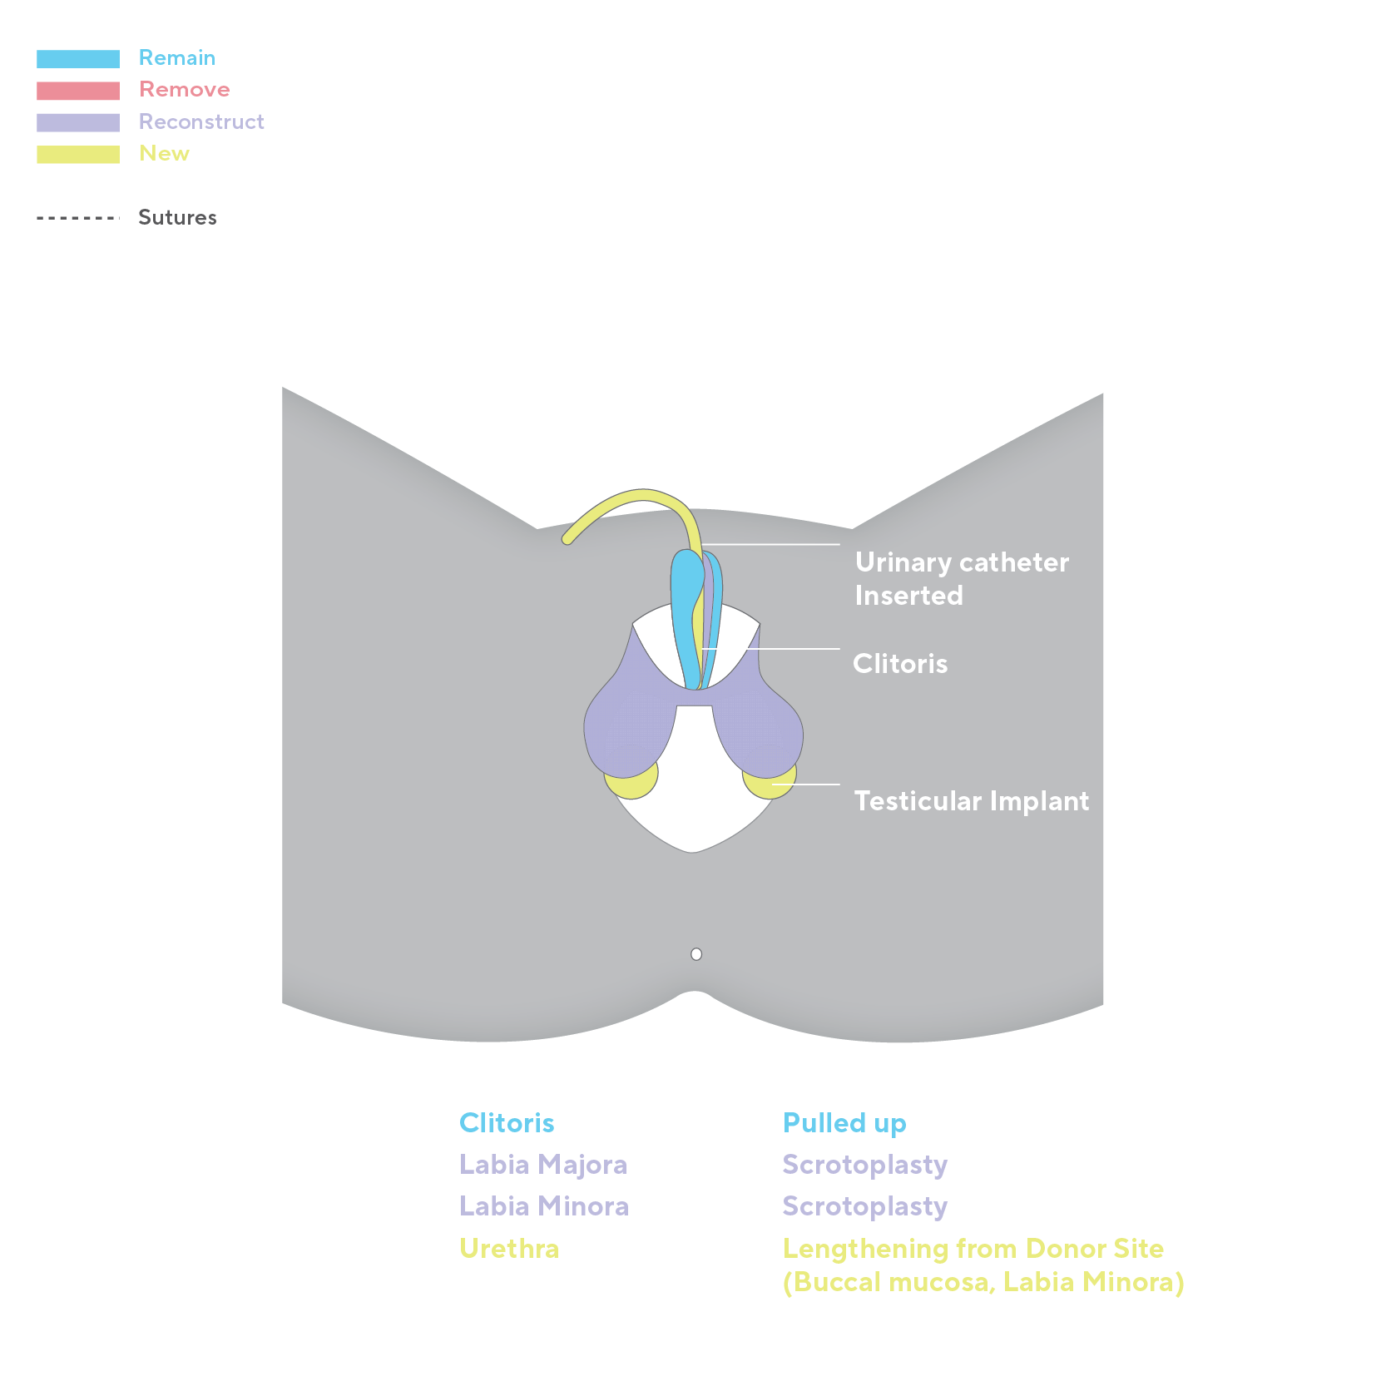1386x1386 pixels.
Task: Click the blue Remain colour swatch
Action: click(x=78, y=58)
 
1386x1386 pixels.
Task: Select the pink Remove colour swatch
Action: click(x=78, y=90)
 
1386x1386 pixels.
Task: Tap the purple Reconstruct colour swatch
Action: click(x=78, y=122)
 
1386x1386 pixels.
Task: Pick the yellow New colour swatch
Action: click(x=78, y=155)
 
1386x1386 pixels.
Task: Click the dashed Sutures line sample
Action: click(x=78, y=218)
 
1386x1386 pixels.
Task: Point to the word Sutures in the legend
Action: click(x=177, y=217)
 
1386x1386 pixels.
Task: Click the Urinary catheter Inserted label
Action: click(x=961, y=579)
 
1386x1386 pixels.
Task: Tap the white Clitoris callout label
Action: click(x=900, y=664)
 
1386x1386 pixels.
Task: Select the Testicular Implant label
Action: click(x=971, y=801)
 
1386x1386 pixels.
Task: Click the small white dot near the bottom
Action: click(x=696, y=954)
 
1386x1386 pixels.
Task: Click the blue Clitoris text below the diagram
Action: click(x=507, y=1123)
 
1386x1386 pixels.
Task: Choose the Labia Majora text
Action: click(x=542, y=1165)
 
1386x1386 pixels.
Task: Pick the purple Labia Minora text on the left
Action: click(x=543, y=1206)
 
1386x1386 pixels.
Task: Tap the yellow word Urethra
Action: click(x=509, y=1249)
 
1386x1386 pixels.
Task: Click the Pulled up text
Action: click(x=844, y=1123)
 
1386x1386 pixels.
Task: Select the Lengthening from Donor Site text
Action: click(x=973, y=1249)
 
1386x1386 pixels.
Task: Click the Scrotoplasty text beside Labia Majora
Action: click(x=865, y=1165)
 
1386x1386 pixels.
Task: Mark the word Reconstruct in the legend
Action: click(x=201, y=122)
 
